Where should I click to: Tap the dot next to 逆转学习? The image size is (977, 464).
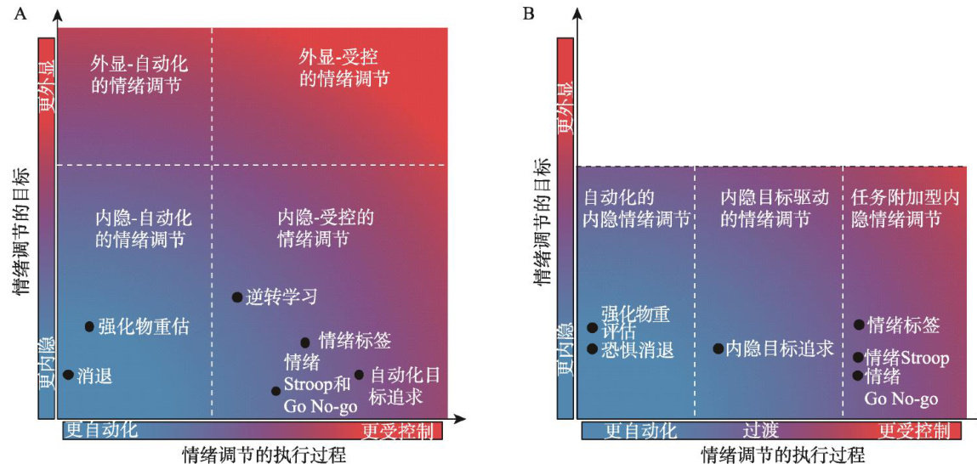[237, 297]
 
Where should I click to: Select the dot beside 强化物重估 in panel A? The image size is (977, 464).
[89, 326]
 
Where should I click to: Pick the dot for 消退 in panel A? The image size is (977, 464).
[68, 374]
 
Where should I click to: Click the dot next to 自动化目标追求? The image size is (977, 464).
[359, 375]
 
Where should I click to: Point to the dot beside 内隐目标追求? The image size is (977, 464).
[718, 348]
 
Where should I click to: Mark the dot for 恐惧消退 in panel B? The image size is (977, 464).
[592, 348]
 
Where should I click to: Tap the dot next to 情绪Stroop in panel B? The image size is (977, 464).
[858, 358]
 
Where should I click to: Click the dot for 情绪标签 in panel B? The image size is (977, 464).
[859, 325]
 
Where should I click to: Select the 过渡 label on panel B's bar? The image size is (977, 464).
[761, 431]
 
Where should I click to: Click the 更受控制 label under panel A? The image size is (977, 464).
[396, 431]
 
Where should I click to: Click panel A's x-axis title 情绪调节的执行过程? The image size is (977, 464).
[264, 454]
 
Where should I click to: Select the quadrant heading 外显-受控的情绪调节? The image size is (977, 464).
[344, 68]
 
